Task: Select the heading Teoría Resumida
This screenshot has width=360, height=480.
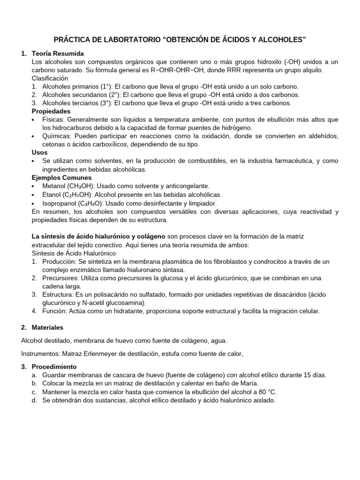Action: click(58, 53)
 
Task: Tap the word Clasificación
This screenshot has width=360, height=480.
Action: click(50, 78)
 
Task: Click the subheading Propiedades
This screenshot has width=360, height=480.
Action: click(51, 111)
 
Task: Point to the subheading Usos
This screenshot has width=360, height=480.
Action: click(39, 152)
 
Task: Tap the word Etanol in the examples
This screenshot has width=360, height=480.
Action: click(51, 195)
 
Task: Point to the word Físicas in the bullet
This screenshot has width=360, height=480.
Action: click(53, 120)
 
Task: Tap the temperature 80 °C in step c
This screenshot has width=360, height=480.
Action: click(271, 392)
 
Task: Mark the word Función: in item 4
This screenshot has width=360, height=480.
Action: click(55, 311)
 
